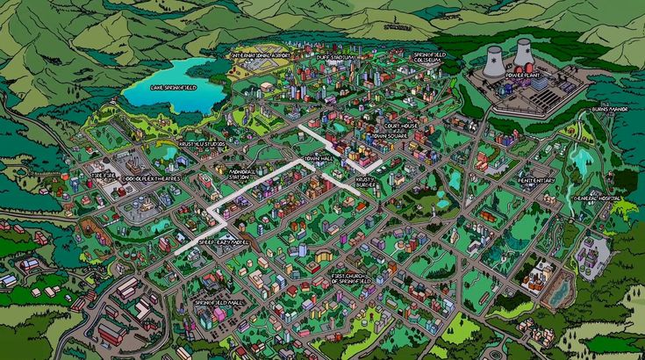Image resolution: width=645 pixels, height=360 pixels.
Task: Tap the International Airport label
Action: click(x=261, y=54)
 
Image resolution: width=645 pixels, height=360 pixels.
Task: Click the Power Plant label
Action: click(x=523, y=76)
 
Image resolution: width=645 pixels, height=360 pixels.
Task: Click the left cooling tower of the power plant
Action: click(x=495, y=61)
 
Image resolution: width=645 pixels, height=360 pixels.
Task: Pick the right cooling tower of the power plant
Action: click(x=523, y=52)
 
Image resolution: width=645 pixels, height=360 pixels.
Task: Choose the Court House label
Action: click(x=402, y=127)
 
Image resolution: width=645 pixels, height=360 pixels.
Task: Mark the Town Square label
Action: click(x=390, y=137)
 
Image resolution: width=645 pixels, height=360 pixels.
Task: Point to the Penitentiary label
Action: click(x=537, y=180)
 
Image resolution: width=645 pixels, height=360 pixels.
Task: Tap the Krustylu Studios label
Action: click(x=202, y=143)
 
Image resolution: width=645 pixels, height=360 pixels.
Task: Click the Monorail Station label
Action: click(x=242, y=173)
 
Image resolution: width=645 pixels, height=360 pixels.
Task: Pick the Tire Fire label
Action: click(x=104, y=175)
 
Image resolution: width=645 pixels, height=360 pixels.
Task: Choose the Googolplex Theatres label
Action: click(x=152, y=177)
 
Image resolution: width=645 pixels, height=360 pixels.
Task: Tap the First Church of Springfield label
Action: click(x=352, y=278)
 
